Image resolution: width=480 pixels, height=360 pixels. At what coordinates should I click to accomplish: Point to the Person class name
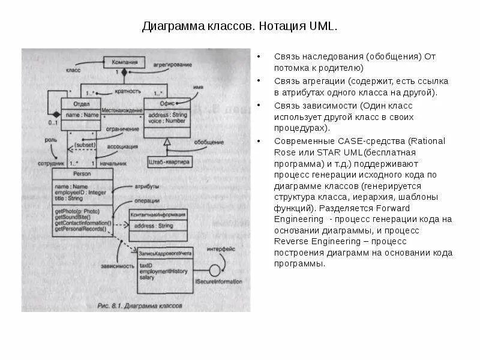coord(82,174)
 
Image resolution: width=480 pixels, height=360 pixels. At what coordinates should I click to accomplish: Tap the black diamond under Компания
coord(124,72)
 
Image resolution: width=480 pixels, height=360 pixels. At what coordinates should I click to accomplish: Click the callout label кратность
coord(128,91)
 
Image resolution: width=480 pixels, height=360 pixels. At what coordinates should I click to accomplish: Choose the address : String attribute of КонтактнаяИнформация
coord(154,226)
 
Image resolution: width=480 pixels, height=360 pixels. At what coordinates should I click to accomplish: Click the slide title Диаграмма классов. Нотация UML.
coord(240,27)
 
